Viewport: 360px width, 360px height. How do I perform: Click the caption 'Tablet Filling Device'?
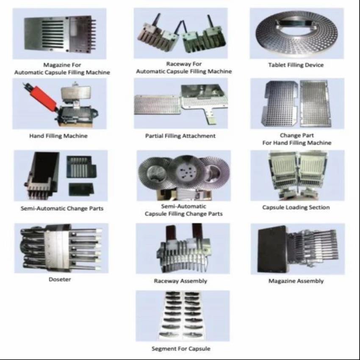[296, 65]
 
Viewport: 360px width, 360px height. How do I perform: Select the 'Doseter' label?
[60, 280]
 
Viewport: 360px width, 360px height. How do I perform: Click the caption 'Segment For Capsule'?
[181, 349]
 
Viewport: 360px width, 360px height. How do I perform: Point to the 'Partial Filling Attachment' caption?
[180, 136]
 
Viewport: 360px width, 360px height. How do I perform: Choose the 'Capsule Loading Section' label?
[296, 208]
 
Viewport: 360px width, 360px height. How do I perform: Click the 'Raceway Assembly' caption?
[180, 281]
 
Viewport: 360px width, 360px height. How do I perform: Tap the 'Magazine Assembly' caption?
[296, 281]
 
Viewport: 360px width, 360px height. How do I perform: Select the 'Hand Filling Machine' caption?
[58, 136]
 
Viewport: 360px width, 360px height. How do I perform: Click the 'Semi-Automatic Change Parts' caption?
[62, 208]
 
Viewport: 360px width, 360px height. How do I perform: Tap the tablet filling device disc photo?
[297, 33]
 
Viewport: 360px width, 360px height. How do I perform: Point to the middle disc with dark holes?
[186, 172]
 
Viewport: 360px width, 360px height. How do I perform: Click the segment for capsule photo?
[183, 316]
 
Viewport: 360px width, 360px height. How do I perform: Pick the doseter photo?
[61, 248]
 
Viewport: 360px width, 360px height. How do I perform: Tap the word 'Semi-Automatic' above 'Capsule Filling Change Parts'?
[183, 206]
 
